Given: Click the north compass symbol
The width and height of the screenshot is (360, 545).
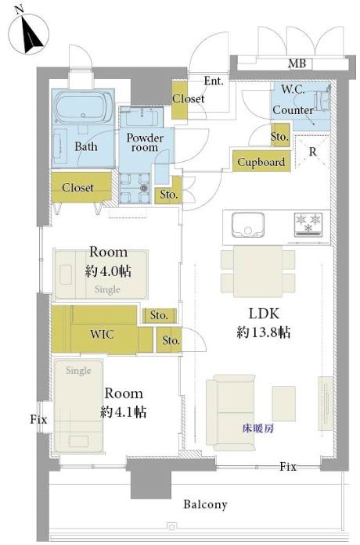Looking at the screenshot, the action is click(28, 34).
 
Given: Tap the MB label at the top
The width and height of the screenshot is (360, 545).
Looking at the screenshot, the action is click(297, 63).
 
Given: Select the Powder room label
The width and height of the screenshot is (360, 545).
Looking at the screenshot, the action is click(145, 142).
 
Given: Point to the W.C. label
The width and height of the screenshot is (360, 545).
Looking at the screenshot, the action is click(293, 89).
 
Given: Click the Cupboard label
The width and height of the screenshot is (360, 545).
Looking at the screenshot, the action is click(261, 162).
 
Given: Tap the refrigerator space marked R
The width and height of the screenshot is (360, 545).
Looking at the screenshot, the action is click(312, 152).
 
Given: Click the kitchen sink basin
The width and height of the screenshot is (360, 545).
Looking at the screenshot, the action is click(248, 225).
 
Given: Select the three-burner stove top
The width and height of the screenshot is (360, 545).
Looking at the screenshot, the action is click(308, 224).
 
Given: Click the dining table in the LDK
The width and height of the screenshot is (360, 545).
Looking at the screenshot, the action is click(258, 271).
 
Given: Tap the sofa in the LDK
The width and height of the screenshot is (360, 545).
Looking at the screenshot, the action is click(231, 413).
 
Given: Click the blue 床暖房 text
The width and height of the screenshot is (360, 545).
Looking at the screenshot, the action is click(257, 428).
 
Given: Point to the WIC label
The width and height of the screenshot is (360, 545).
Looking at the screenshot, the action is click(102, 334).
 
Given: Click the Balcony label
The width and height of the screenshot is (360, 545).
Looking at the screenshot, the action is click(205, 504).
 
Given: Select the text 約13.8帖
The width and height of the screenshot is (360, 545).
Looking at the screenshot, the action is click(263, 332).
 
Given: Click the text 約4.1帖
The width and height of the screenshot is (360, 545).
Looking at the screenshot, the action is click(124, 412).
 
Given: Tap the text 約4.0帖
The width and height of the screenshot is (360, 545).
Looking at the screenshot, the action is click(108, 271).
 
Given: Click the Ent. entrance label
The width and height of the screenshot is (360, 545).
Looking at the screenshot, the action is click(213, 81).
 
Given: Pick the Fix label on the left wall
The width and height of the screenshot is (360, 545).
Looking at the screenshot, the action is click(38, 419).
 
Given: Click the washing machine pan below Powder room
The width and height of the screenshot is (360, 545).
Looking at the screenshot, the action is click(135, 188).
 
